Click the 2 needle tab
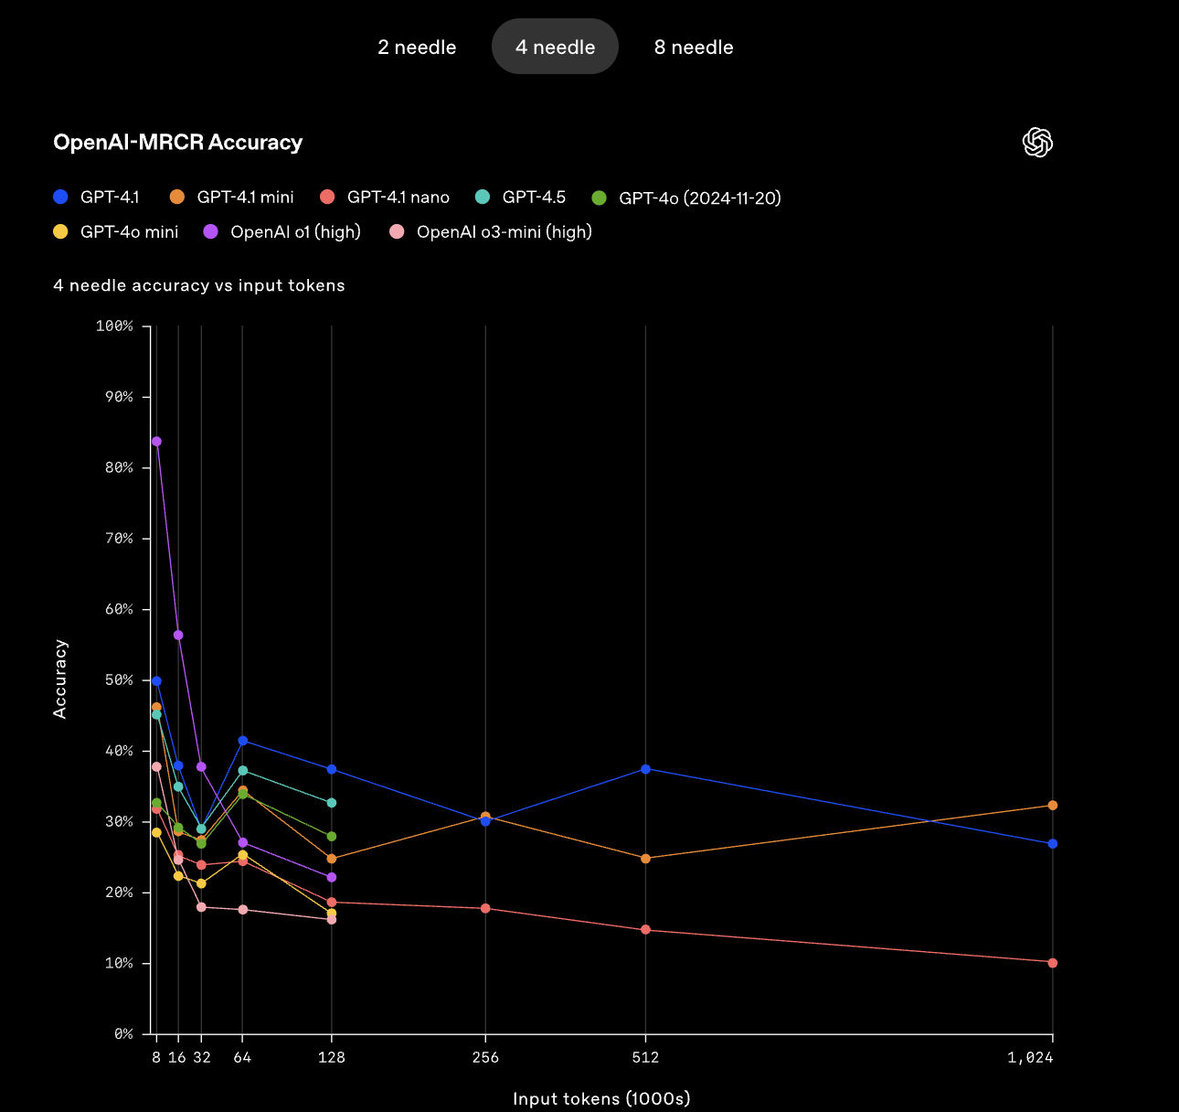417,48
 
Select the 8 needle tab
694,48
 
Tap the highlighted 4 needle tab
555,48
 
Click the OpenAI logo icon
1037,143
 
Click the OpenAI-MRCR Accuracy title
178,143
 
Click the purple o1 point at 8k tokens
156,442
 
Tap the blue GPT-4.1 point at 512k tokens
645,769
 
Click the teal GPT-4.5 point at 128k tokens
332,803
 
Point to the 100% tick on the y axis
114,326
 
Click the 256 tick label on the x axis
485,1058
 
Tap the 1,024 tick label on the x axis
1030,1058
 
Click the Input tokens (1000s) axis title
601,1098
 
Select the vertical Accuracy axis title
60,679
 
